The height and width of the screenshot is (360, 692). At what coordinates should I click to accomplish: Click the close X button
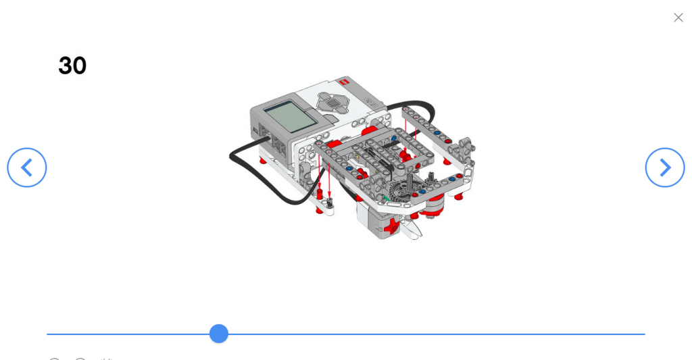(678, 18)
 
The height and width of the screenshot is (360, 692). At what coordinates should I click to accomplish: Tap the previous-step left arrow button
(27, 168)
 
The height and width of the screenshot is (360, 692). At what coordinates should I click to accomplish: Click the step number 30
(72, 66)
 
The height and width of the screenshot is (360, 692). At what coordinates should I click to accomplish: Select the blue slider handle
(218, 334)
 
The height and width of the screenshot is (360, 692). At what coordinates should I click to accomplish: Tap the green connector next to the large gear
(385, 198)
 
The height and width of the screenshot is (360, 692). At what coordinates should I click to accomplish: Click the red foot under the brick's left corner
(262, 160)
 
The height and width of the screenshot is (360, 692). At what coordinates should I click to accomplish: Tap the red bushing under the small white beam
(319, 210)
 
